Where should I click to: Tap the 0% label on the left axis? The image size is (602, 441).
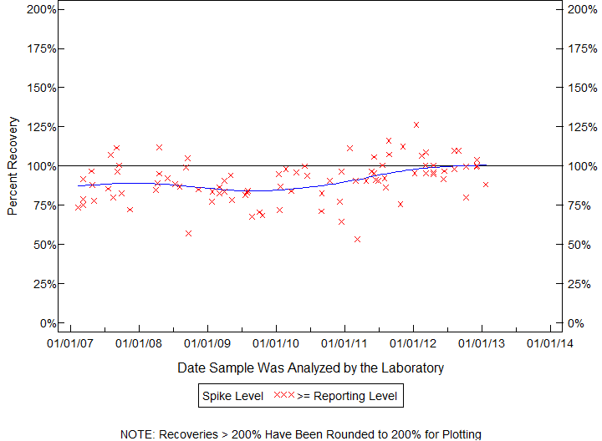[x=48, y=323]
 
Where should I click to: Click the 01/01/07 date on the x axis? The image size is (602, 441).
[x=70, y=342]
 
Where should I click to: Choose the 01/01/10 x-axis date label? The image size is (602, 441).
[x=276, y=342]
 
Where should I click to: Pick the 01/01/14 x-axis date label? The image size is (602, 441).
[x=550, y=342]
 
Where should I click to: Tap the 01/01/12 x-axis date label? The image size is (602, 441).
[x=413, y=342]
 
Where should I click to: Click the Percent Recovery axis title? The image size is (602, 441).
[x=12, y=165]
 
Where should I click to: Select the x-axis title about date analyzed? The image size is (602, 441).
[x=311, y=367]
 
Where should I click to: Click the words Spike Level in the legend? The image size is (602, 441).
[x=231, y=395]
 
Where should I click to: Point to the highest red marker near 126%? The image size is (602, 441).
[x=416, y=124]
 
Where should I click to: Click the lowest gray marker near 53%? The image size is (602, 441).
[x=357, y=239]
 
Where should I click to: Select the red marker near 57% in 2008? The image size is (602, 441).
[x=189, y=233]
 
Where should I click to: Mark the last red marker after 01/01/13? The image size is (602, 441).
[x=486, y=184]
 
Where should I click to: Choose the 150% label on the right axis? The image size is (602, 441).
[x=580, y=88]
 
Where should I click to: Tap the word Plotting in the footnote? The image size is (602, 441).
[x=458, y=434]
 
